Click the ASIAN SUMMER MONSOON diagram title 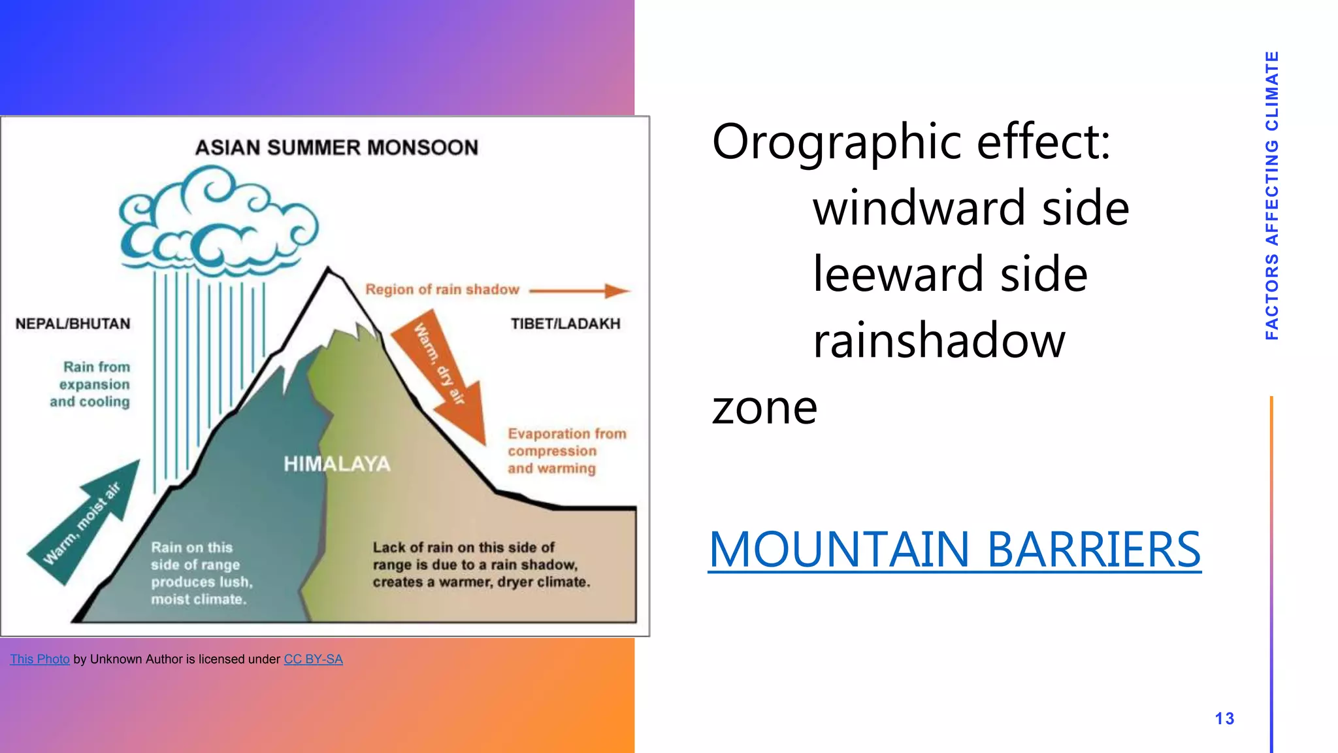(336, 148)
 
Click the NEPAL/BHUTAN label (73, 324)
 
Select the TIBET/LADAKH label (565, 324)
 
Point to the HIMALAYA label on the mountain (336, 464)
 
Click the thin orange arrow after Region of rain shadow (578, 290)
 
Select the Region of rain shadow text (442, 290)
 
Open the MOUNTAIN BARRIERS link (955, 549)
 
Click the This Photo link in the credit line (40, 659)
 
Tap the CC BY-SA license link (313, 659)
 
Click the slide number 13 (1224, 718)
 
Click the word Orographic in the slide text (836, 142)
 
